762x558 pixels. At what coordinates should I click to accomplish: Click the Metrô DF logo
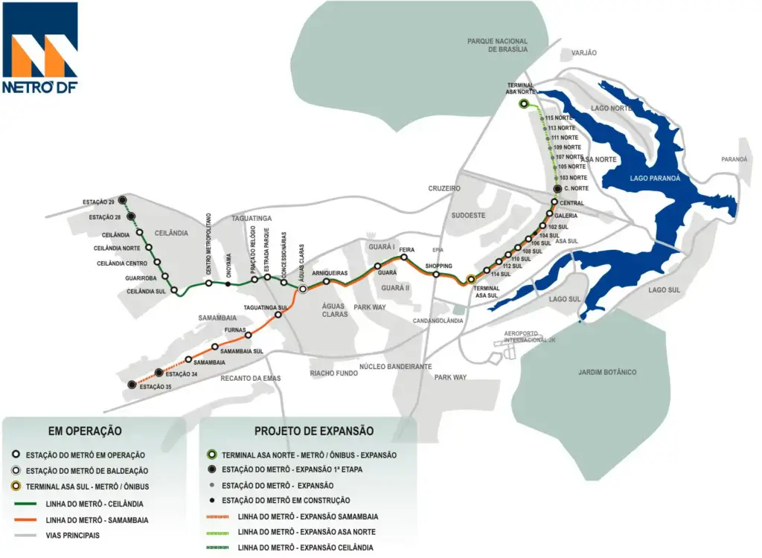pyautogui.click(x=40, y=48)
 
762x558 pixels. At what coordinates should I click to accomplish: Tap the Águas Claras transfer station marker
pyautogui.click(x=303, y=289)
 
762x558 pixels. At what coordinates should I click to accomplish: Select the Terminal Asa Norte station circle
pyautogui.click(x=524, y=104)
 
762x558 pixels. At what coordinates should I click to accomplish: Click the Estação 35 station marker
pyautogui.click(x=132, y=385)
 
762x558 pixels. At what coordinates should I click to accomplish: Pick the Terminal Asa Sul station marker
pyautogui.click(x=470, y=280)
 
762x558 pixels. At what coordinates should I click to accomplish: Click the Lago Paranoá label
pyautogui.click(x=630, y=178)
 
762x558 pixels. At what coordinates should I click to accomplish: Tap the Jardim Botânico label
pyautogui.click(x=607, y=372)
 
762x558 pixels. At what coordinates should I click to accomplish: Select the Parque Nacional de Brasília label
pyautogui.click(x=497, y=45)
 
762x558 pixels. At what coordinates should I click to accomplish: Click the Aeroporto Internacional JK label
pyautogui.click(x=530, y=336)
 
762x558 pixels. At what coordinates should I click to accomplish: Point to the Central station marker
pyautogui.click(x=554, y=202)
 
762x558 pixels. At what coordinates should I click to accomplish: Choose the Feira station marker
pyautogui.click(x=403, y=257)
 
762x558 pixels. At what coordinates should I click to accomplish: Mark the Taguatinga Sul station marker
pyautogui.click(x=278, y=315)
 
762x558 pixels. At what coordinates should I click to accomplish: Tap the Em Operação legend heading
pyautogui.click(x=85, y=431)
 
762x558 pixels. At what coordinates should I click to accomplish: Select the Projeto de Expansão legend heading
pyautogui.click(x=314, y=431)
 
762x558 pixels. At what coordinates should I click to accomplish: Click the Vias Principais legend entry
pyautogui.click(x=63, y=535)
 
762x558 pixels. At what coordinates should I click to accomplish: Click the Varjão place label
pyautogui.click(x=583, y=53)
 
